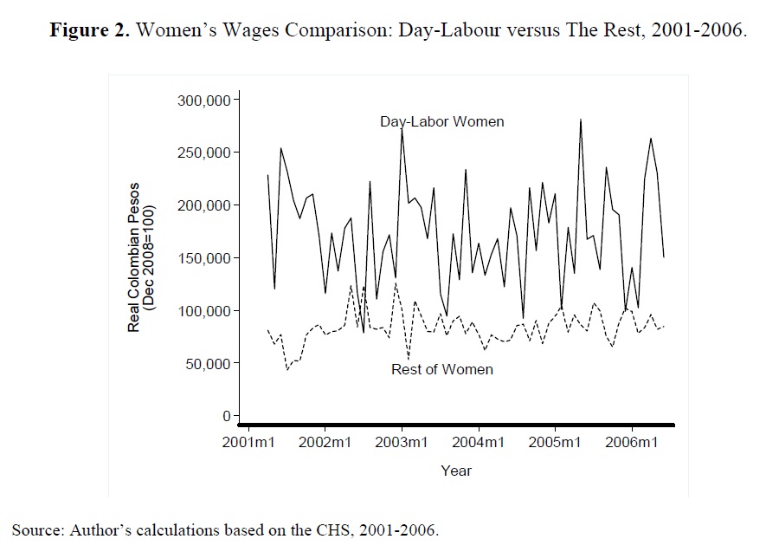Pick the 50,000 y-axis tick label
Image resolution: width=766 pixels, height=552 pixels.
(x=207, y=363)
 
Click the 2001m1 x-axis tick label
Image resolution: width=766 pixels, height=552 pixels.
(x=248, y=444)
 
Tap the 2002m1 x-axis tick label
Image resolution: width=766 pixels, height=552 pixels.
(x=325, y=444)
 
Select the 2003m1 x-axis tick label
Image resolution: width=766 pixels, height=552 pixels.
(x=402, y=444)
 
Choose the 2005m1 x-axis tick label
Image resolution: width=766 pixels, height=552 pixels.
(x=555, y=444)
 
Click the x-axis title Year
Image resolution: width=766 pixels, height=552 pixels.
(x=456, y=471)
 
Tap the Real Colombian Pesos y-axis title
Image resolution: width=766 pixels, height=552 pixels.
(x=134, y=257)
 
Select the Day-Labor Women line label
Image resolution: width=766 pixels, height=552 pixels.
(x=441, y=121)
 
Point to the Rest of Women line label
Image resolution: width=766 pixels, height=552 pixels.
(x=442, y=369)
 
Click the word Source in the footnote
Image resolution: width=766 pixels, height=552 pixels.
(x=31, y=528)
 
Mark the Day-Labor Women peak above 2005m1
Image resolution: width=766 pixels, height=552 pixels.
(x=580, y=120)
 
